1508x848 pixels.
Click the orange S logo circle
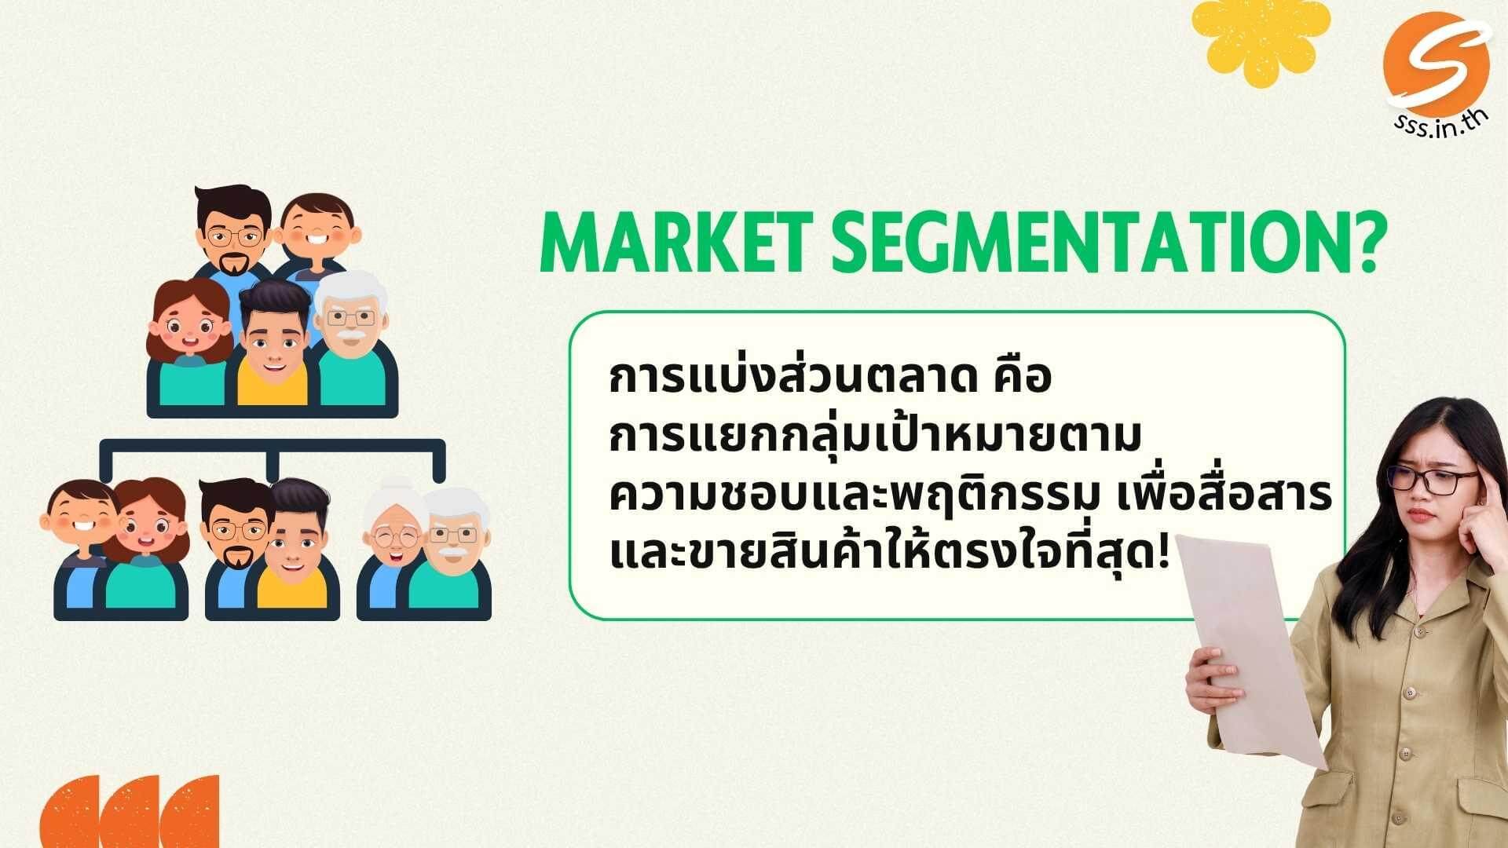tap(1437, 64)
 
